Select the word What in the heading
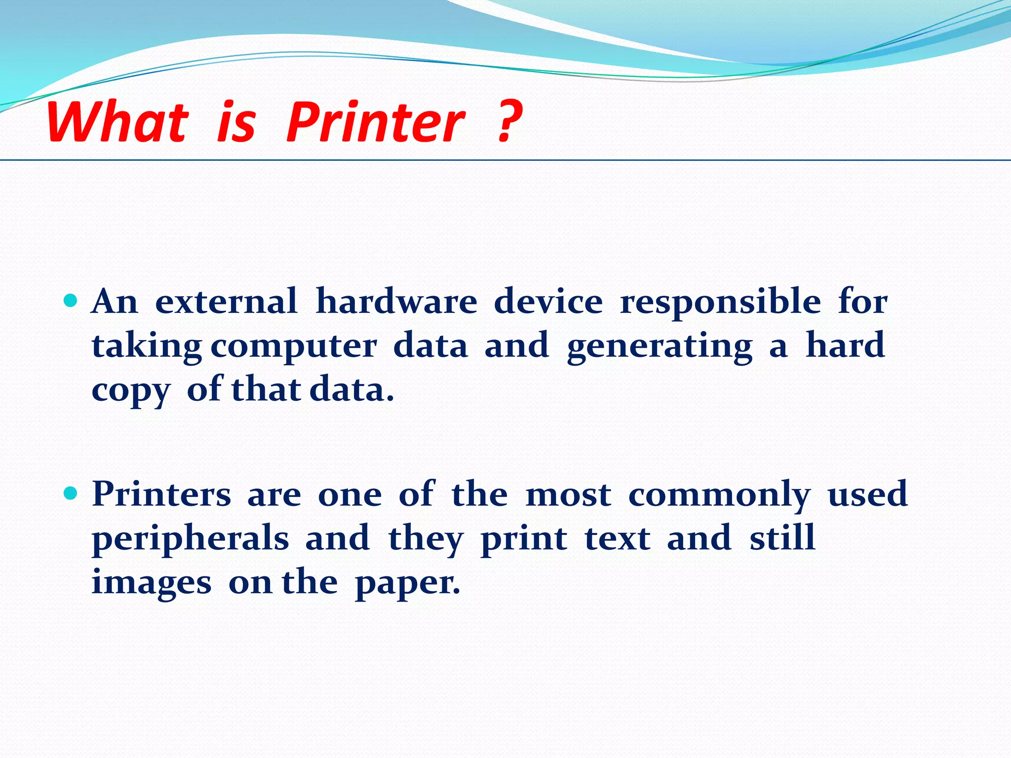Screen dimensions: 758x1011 117,122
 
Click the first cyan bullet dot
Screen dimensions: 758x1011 72,300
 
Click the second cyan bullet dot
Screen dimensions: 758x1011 72,493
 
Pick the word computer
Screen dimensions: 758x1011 294,347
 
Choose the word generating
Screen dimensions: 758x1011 660,347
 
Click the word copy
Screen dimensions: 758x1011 131,391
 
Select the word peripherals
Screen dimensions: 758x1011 191,539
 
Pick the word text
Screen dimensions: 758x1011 617,538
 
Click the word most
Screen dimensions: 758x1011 568,494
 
